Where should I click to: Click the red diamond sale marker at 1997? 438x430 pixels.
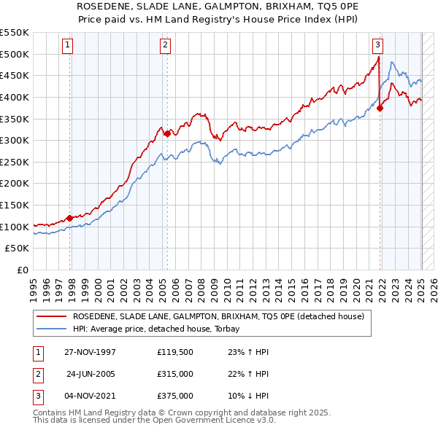tap(70, 217)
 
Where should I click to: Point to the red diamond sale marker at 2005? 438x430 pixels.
tap(168, 133)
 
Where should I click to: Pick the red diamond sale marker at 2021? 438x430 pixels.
tap(380, 108)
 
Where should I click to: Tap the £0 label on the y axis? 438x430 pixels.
tap(23, 270)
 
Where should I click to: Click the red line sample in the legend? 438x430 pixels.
tap(51, 316)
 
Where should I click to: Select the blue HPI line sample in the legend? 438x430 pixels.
tap(51, 329)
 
